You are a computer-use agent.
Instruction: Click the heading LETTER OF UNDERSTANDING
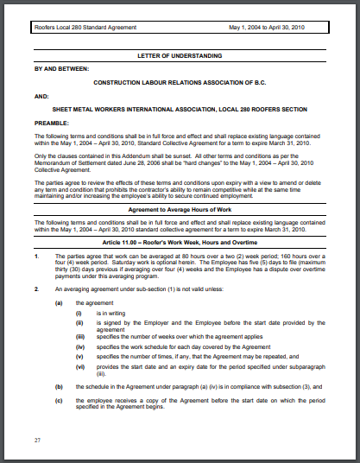[x=180, y=54]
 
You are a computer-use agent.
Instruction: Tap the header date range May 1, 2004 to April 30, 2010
[x=279, y=29]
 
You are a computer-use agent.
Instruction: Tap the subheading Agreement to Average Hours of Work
[x=180, y=210]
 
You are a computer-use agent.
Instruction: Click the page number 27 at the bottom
[x=38, y=441]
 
